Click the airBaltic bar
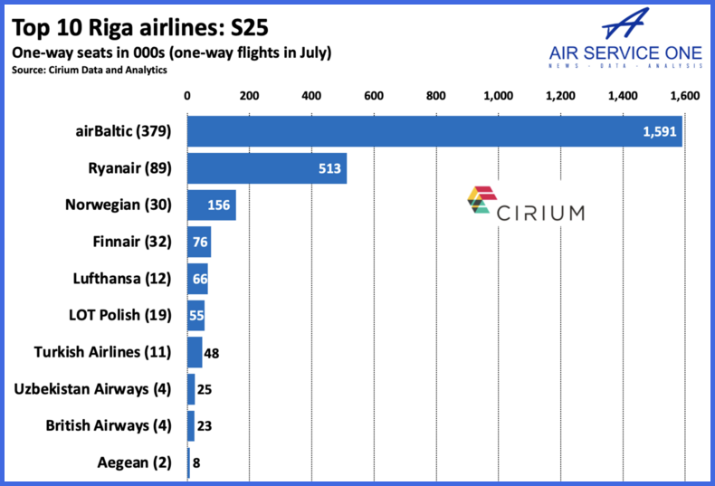[434, 132]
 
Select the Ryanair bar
[267, 168]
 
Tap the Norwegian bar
[211, 205]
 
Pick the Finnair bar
[199, 242]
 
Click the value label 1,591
[659, 132]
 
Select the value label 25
[205, 389]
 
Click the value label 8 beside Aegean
[197, 462]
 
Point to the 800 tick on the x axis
[435, 95]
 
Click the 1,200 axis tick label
[560, 95]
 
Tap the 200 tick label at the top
[249, 95]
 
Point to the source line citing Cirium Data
[90, 70]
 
